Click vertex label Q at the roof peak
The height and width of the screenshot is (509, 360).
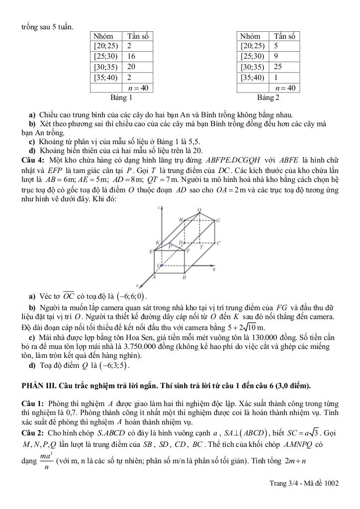199,210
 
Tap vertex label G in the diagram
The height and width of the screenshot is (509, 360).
218,220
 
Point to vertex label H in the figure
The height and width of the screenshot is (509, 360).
181,219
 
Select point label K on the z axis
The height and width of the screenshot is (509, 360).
157,243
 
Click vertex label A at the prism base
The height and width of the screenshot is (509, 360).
153,277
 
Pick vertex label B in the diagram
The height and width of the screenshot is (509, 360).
184,278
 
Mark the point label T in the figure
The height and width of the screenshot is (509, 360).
201,247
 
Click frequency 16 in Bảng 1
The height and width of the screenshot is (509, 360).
131,56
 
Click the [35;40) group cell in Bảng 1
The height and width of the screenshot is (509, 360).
105,77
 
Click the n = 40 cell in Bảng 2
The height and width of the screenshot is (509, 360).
285,87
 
